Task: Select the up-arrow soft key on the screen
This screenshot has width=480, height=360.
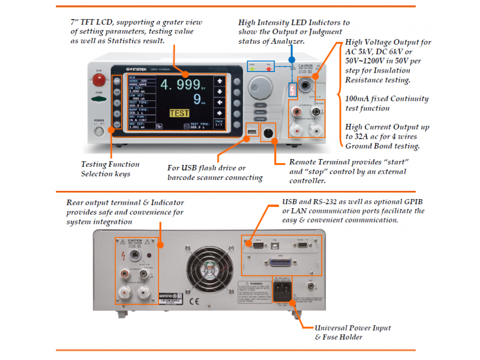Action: click(220, 82)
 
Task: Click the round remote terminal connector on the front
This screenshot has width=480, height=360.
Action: click(269, 133)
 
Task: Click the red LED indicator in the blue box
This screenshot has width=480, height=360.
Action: click(269, 69)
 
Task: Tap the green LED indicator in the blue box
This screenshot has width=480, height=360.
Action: click(253, 69)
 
